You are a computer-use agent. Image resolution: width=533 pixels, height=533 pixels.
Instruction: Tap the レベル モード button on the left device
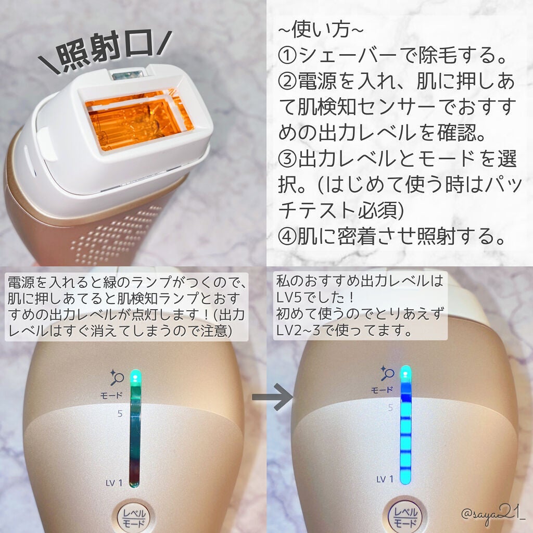(134, 517)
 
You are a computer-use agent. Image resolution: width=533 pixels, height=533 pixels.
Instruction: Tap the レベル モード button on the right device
(404, 518)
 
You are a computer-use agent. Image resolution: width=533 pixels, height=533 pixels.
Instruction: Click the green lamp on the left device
(135, 375)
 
